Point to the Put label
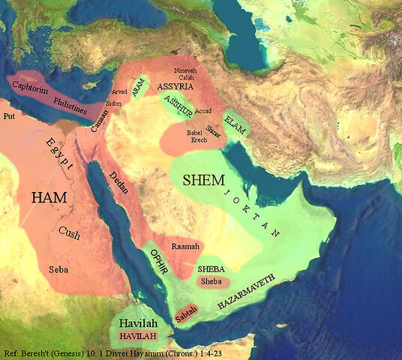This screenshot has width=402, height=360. coord(9,117)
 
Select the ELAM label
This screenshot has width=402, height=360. coord(235,121)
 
